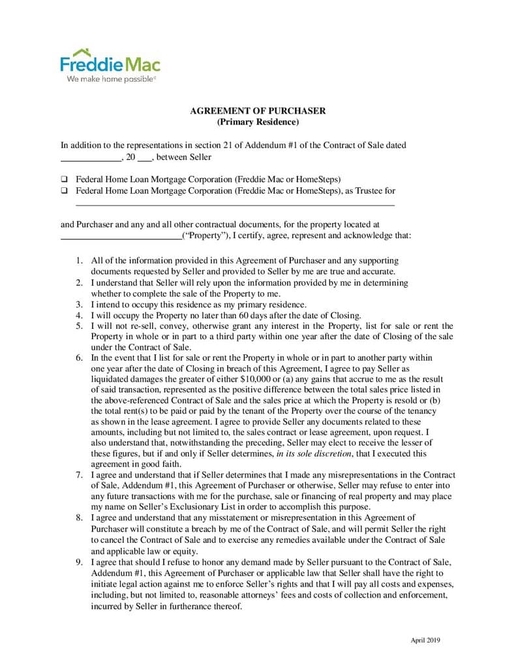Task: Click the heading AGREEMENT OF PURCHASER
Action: click(x=258, y=111)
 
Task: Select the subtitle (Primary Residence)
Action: click(x=258, y=122)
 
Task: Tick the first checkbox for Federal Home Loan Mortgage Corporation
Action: click(x=65, y=179)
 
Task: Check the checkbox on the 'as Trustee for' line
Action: click(x=65, y=191)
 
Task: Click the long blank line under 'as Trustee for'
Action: click(x=235, y=205)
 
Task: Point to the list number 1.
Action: click(x=79, y=260)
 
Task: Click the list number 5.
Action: click(x=79, y=326)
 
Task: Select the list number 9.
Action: click(x=79, y=562)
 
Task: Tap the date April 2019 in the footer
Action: click(x=425, y=640)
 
